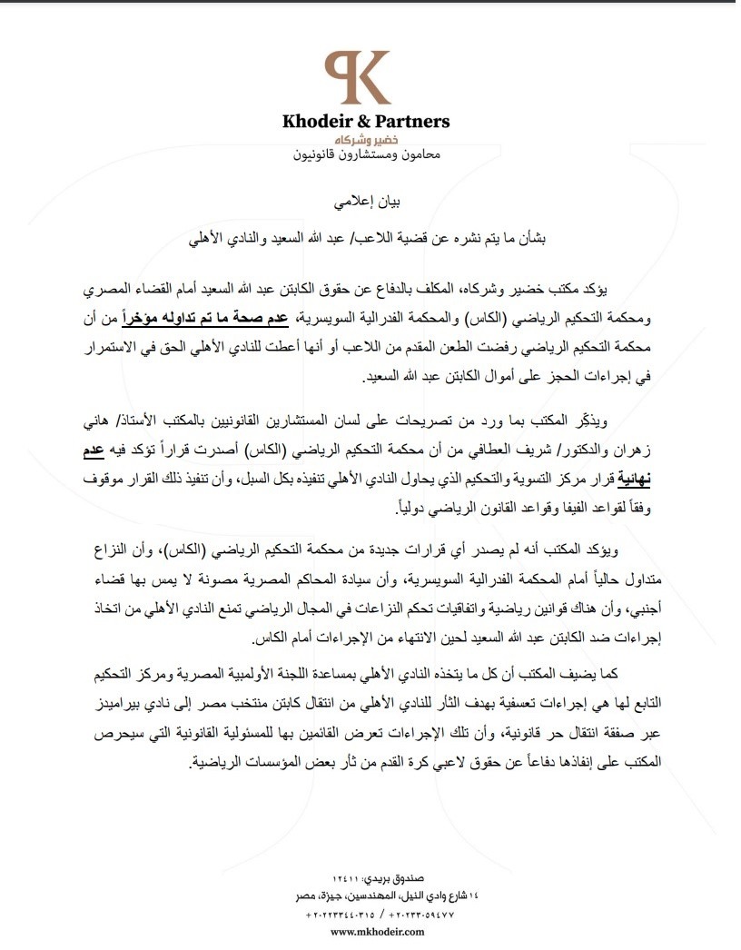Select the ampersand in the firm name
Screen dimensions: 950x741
(374, 121)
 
